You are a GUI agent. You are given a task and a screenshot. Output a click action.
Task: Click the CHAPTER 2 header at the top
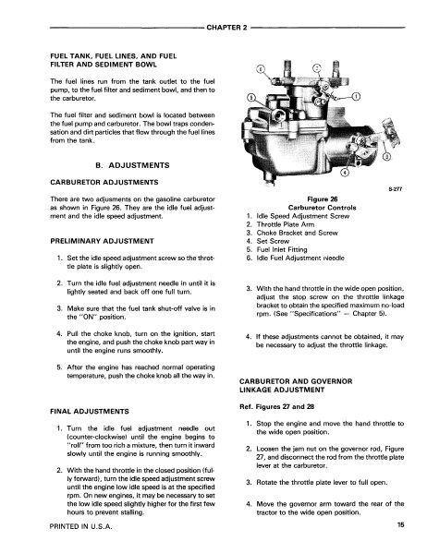[x=226, y=28]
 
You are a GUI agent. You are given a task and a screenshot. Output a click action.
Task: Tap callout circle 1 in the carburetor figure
[x=357, y=96]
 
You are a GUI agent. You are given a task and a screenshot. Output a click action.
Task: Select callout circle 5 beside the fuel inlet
[x=250, y=98]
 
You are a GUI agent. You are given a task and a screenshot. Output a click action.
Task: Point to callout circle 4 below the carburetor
[x=345, y=173]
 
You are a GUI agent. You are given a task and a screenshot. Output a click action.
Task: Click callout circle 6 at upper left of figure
[x=261, y=68]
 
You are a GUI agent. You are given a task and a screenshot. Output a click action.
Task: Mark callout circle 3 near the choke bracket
[x=386, y=156]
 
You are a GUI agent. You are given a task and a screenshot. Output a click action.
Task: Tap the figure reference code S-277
[x=396, y=189]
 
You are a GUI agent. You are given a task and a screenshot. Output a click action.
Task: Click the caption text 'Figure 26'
[x=323, y=199]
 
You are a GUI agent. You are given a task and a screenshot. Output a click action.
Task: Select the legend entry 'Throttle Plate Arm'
[x=286, y=224]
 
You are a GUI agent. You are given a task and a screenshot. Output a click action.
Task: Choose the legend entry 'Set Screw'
[x=273, y=241]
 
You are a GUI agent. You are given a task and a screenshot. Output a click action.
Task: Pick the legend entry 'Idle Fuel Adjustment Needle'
[x=300, y=258]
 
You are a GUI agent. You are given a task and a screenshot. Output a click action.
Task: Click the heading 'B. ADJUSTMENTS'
[x=132, y=165]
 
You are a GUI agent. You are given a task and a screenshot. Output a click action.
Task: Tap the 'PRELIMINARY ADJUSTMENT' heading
[x=102, y=241]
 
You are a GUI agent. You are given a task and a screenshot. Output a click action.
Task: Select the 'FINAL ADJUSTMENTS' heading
[x=90, y=412]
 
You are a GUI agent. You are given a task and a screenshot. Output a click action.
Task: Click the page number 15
[x=400, y=524]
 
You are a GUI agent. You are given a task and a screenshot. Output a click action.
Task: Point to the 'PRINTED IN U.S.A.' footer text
[x=81, y=526]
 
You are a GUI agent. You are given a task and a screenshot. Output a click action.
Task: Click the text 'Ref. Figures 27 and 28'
[x=276, y=406]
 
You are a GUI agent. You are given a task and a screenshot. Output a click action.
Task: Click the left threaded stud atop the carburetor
[x=286, y=67]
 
